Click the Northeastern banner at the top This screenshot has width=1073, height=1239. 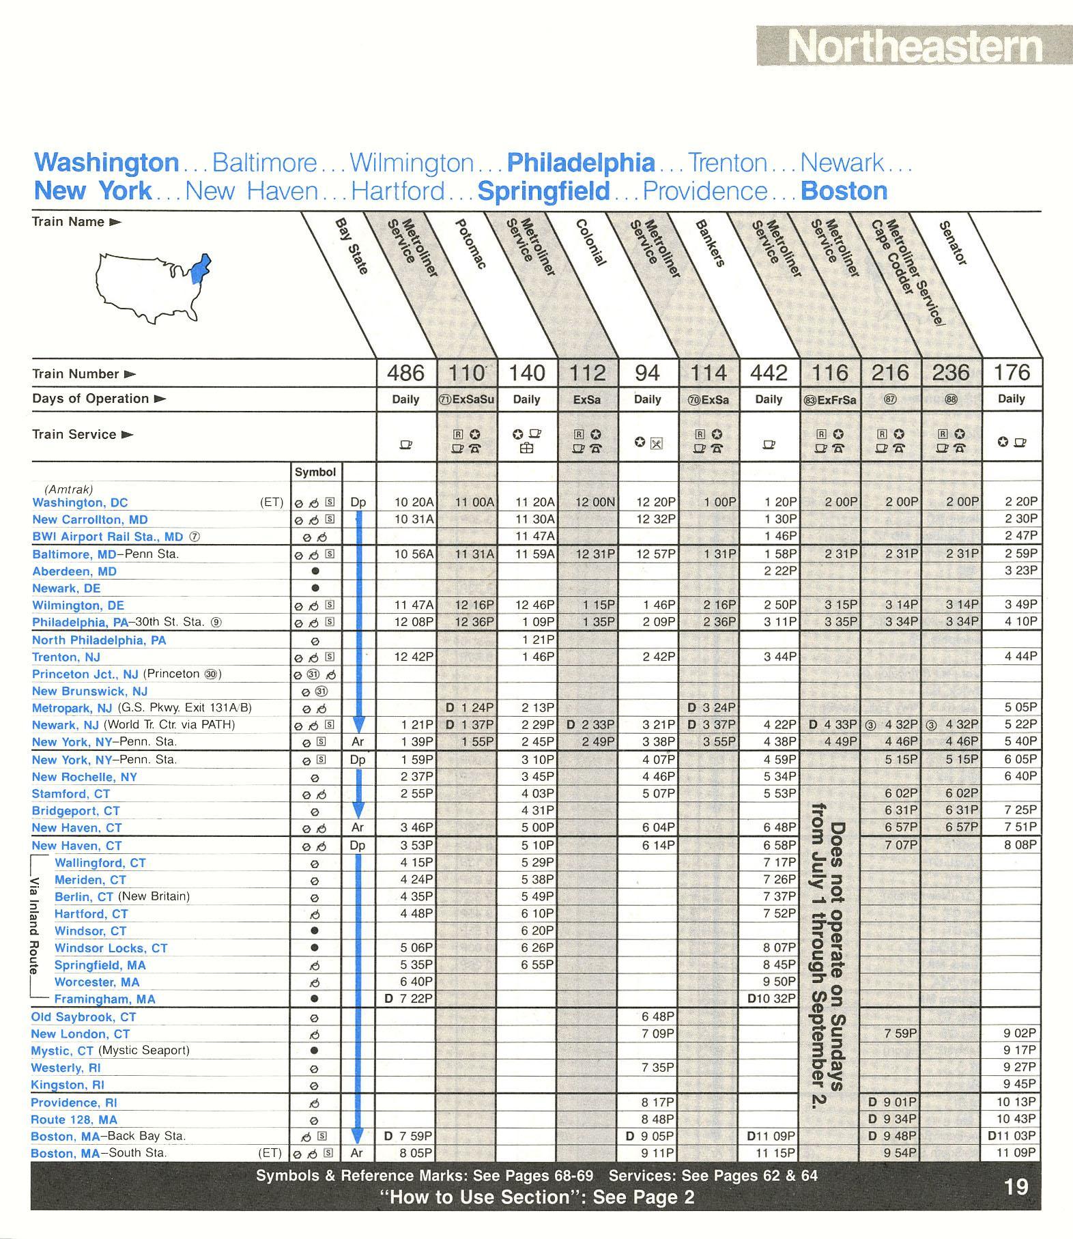[x=914, y=46]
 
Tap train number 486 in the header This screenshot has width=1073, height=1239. [x=405, y=373]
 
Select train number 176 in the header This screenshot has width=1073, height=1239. [x=1012, y=373]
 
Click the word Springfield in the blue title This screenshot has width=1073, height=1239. [x=543, y=191]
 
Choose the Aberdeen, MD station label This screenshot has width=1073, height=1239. [x=74, y=571]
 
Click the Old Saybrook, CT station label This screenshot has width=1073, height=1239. [x=83, y=1017]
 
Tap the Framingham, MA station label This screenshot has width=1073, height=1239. [x=104, y=999]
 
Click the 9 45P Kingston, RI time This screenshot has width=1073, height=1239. [x=1020, y=1084]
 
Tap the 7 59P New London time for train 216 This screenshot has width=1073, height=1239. [x=900, y=1034]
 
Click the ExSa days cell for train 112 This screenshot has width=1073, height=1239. [x=587, y=399]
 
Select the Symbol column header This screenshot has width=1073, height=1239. [x=315, y=472]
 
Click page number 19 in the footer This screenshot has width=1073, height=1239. [x=1016, y=1187]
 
